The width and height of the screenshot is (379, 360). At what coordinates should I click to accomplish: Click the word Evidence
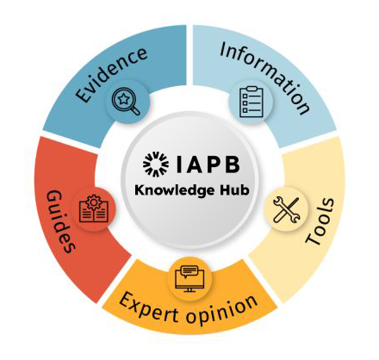(x=112, y=75)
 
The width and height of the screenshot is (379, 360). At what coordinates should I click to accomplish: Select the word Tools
(x=320, y=221)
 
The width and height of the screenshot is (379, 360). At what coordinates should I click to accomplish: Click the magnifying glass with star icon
(x=127, y=102)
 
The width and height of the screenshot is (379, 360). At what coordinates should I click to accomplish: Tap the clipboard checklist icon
(x=252, y=102)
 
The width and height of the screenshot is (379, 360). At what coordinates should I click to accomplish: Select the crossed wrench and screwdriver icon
(x=286, y=210)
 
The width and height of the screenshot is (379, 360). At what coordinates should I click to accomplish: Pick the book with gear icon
(x=94, y=208)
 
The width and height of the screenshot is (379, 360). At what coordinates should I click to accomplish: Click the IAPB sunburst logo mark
(x=156, y=164)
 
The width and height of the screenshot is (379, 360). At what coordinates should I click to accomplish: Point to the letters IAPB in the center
(x=208, y=164)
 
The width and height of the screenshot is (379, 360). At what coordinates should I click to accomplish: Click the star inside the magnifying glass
(x=123, y=99)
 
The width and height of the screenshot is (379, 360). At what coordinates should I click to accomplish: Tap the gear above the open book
(x=94, y=202)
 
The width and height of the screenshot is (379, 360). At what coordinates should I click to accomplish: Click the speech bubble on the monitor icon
(x=189, y=270)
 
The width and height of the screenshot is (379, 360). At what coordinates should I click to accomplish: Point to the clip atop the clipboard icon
(x=252, y=89)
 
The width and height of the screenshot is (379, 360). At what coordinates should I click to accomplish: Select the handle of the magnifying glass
(x=135, y=110)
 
